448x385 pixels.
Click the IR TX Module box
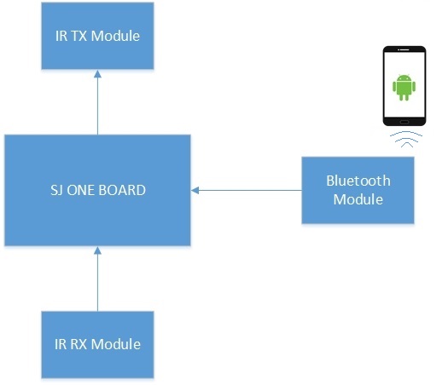pos(97,36)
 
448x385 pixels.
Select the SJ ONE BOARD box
pos(97,190)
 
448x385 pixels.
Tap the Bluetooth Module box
pos(358,190)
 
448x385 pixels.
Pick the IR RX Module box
pos(97,344)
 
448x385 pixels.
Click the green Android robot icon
pos(404,87)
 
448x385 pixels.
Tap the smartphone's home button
pos(404,122)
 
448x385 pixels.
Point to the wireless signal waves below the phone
pos(406,139)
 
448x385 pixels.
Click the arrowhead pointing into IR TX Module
pos(98,74)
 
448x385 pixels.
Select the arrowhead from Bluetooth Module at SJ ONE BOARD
pos(195,190)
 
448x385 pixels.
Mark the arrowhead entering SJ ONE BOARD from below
pos(98,250)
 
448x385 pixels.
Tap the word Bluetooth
pos(358,181)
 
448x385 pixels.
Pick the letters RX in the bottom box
pos(79,344)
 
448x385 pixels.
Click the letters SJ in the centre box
pos(57,190)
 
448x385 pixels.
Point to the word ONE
pos(81,190)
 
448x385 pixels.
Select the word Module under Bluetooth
pos(358,199)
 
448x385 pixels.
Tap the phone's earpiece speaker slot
pos(404,50)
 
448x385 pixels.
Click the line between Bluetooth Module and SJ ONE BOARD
pos(247,190)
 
